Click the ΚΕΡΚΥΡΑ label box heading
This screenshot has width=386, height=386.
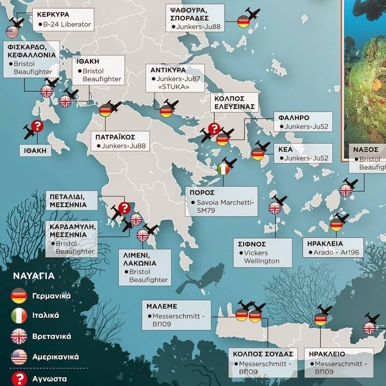tap(53, 14)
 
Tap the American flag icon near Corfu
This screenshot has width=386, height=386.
tap(12, 32)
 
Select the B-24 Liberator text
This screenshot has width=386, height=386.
tap(67, 24)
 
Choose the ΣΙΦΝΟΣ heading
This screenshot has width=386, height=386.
tap(250, 243)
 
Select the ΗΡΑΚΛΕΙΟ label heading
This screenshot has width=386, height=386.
tap(329, 354)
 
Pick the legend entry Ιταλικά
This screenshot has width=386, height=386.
tap(45, 315)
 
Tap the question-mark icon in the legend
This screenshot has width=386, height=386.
tap(18, 378)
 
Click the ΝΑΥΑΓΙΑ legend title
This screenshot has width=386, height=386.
tap(33, 277)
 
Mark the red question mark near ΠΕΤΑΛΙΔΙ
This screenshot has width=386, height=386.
tap(124, 208)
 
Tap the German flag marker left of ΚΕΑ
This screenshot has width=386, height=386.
tap(257, 155)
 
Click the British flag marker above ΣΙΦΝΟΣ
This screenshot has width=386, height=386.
tap(275, 208)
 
